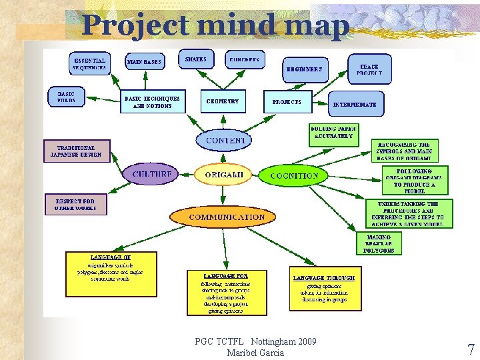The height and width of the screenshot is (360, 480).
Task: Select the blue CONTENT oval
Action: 225,140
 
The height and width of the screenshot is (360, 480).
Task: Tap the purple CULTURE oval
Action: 152,175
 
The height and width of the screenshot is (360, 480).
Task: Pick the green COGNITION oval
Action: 294,175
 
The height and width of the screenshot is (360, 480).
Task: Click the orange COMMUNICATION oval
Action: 227,217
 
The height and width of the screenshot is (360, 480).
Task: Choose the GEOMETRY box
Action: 223,101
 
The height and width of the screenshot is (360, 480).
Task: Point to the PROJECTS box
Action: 287,102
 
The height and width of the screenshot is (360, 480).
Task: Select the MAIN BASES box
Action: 144,62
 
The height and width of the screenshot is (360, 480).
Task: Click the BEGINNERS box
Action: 304,69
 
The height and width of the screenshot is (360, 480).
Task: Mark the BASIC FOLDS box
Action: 66,97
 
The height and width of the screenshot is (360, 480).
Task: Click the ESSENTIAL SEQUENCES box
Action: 89,64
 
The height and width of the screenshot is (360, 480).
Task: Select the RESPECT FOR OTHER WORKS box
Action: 75,204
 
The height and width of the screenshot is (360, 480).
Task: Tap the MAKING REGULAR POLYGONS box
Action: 379,243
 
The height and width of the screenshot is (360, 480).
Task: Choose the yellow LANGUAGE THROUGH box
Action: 323,289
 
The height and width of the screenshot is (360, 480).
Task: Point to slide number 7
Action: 471,349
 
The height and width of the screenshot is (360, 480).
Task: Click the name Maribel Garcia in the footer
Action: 255,353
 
